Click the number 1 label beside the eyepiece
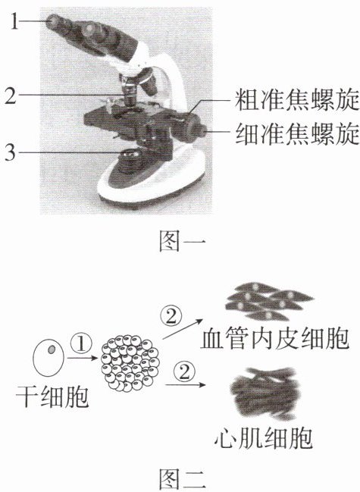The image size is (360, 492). click(x=14, y=21)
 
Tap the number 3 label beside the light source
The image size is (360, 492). click(x=11, y=153)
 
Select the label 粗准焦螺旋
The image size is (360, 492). click(x=297, y=100)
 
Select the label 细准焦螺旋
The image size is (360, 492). click(x=297, y=133)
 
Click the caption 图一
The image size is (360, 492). click(x=183, y=241)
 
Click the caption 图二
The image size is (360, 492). click(x=183, y=479)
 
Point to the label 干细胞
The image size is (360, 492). click(x=53, y=396)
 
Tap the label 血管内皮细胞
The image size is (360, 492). click(x=274, y=339)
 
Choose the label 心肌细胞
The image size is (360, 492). click(x=264, y=438)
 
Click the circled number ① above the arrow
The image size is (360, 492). click(x=81, y=343)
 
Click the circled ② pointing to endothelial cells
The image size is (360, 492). click(x=171, y=316)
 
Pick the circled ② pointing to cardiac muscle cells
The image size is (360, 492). click(x=184, y=371)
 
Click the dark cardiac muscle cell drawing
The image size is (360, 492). click(x=265, y=393)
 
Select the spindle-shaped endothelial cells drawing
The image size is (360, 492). click(x=269, y=301)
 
